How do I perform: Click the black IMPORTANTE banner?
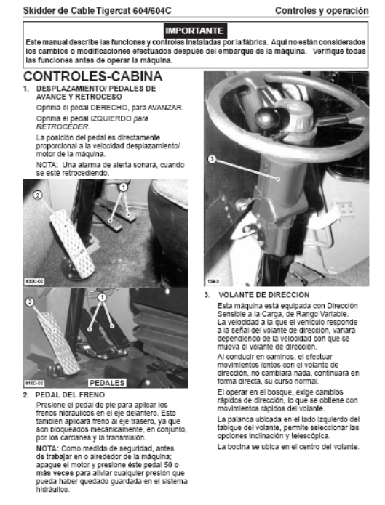(195, 31)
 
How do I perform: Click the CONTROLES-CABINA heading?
(93, 76)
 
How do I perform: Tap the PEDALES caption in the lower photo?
(107, 383)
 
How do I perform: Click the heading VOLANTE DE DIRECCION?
(263, 295)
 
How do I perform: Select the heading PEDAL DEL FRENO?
(70, 395)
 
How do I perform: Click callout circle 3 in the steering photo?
(212, 159)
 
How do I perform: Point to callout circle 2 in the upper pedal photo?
(38, 195)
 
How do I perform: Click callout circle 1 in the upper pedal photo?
(123, 187)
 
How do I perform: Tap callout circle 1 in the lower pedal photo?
(102, 297)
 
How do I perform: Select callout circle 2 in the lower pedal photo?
(30, 302)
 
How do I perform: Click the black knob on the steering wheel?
(267, 118)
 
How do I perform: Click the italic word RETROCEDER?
(63, 127)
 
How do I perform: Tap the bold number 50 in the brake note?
(168, 465)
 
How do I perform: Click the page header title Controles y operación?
(322, 11)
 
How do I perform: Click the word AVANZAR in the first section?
(165, 108)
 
